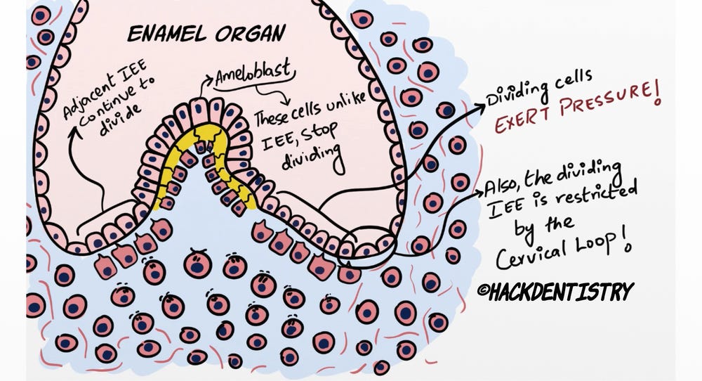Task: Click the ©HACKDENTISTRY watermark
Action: click(x=555, y=289)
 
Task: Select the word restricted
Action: click(x=597, y=193)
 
